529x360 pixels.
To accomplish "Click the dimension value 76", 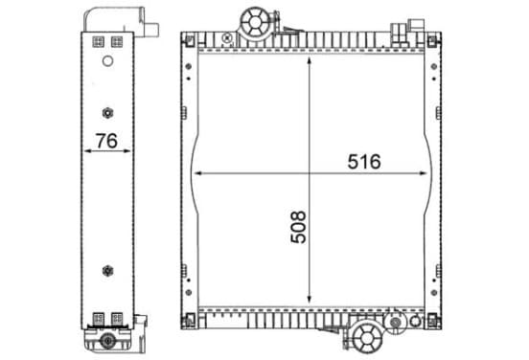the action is tap(106, 141).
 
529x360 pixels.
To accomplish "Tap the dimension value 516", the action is tap(364, 162).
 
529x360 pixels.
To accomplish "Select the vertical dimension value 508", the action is tap(298, 227).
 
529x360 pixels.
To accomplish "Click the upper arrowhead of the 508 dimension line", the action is tap(309, 60).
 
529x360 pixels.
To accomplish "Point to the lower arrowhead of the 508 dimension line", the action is tap(309, 299).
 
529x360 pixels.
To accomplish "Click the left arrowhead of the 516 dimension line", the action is tap(198, 173).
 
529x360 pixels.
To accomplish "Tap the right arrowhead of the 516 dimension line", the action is tap(423, 173).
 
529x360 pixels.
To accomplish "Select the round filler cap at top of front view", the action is tap(255, 23).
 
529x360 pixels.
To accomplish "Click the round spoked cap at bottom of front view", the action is tap(367, 338).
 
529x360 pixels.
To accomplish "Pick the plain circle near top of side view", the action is tap(107, 61).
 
